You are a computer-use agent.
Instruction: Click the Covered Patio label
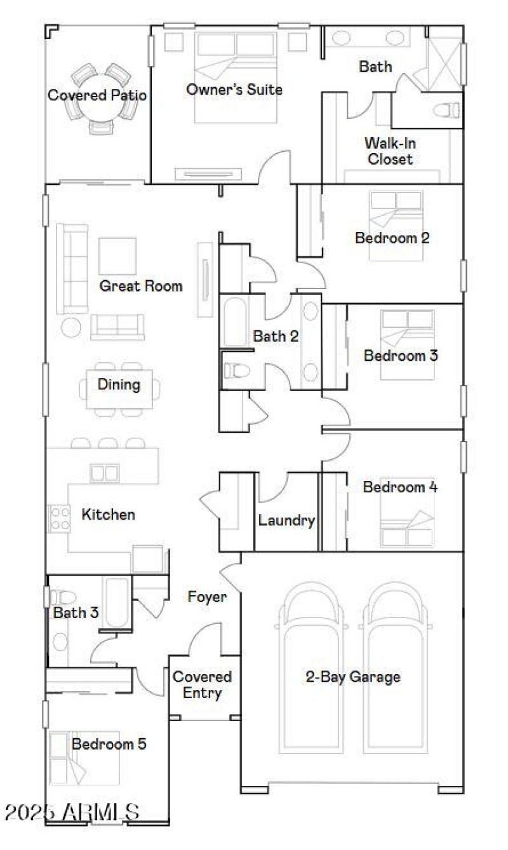click(97, 96)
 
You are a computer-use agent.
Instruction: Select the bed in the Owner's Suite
click(236, 76)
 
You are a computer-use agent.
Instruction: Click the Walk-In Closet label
click(390, 151)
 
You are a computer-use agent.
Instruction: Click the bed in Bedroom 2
click(396, 226)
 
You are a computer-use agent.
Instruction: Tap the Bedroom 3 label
click(401, 355)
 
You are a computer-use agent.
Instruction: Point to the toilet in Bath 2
click(234, 370)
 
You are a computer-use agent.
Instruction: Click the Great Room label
click(140, 286)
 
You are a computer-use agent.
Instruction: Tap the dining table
click(119, 388)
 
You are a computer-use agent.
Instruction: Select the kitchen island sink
click(105, 473)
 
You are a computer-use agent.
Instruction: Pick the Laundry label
click(286, 521)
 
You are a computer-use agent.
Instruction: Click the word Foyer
click(207, 597)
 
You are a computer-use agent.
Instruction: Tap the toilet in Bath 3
click(63, 597)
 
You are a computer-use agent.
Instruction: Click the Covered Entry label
click(202, 685)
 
